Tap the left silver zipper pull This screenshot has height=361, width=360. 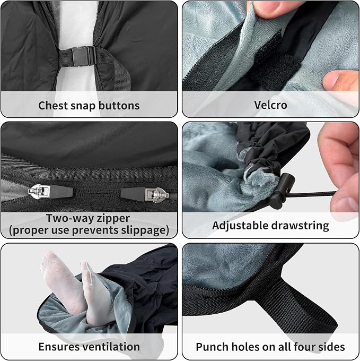(39, 191)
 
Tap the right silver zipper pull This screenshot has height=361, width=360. (157, 195)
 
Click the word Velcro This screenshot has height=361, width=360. (270, 105)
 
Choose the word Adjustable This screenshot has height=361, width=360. (238, 226)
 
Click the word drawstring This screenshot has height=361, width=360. (298, 226)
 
